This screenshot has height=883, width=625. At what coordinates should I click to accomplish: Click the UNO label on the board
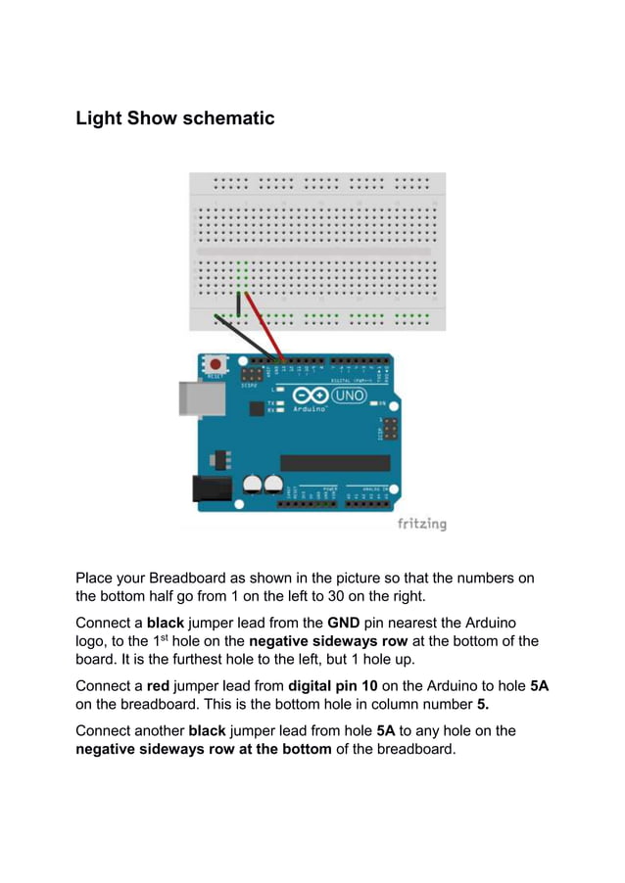(x=349, y=396)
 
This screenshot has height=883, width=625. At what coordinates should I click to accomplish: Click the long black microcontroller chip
(x=335, y=463)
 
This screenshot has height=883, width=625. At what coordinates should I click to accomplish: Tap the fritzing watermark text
(x=421, y=524)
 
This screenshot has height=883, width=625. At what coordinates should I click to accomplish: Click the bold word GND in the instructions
(x=344, y=623)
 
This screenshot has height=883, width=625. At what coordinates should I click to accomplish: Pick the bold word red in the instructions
(x=160, y=686)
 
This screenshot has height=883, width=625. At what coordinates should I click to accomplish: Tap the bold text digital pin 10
(x=334, y=686)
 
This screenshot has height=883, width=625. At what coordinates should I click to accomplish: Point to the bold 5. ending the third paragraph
(x=483, y=704)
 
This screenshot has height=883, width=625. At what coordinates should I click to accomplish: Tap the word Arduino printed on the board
(x=310, y=410)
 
